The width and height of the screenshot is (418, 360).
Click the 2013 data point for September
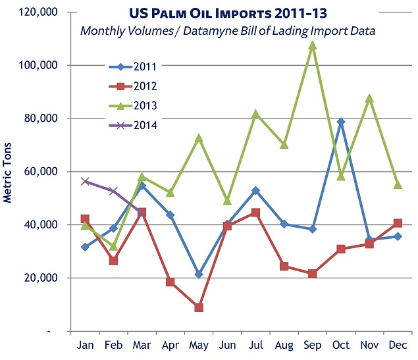click(313, 45)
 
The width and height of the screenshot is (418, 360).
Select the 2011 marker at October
click(341, 122)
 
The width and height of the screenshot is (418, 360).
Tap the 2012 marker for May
click(199, 307)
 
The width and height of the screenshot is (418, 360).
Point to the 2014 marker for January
click(85, 181)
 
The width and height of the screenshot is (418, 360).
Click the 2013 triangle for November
click(369, 98)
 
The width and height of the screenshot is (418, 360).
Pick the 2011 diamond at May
click(199, 274)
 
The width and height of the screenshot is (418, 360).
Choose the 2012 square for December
click(398, 223)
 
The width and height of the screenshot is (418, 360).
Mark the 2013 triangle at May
click(199, 138)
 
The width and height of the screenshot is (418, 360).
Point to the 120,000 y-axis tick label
click(38, 13)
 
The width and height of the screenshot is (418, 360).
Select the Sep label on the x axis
click(313, 346)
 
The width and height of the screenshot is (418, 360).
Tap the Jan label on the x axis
click(85, 346)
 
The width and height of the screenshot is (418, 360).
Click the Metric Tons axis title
click(9, 172)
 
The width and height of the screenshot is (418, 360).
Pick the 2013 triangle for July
click(255, 114)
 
